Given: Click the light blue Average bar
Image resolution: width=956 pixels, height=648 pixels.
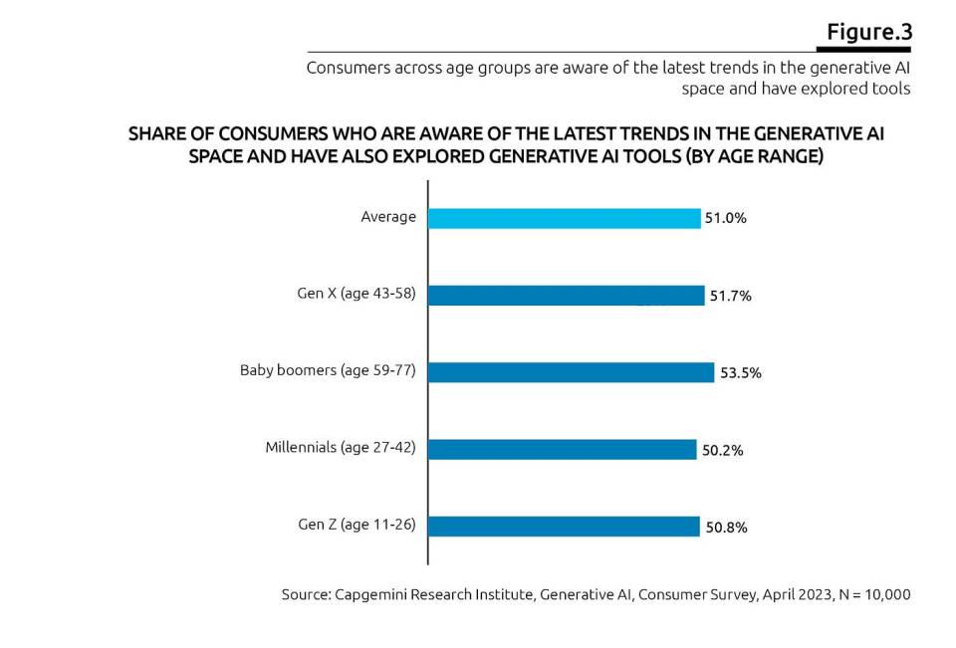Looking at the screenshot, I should click(x=565, y=218).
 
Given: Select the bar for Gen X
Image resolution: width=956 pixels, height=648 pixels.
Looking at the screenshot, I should click(x=567, y=296).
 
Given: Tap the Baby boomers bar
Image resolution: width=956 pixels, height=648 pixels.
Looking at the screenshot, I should click(x=572, y=372).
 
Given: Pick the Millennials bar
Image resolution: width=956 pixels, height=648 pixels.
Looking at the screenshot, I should click(x=563, y=449).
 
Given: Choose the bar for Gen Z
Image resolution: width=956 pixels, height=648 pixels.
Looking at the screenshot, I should click(x=564, y=527).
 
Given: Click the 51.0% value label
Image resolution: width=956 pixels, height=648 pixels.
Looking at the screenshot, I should click(x=725, y=218).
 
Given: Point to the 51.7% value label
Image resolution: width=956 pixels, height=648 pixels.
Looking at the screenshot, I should click(x=730, y=296).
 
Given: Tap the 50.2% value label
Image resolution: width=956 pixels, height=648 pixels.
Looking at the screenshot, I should click(x=722, y=450).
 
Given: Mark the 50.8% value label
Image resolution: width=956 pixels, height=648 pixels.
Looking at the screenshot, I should click(x=726, y=528).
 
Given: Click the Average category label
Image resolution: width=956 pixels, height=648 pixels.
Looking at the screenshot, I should click(x=388, y=216).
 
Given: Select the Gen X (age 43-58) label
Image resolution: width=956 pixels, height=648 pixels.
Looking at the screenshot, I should click(x=350, y=294).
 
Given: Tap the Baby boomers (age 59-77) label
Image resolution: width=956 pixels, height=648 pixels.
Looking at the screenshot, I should click(x=328, y=370).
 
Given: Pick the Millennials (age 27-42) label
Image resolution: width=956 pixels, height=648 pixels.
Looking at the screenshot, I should click(x=341, y=447).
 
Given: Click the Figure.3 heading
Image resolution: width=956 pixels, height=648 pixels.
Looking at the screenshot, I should click(x=868, y=32).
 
